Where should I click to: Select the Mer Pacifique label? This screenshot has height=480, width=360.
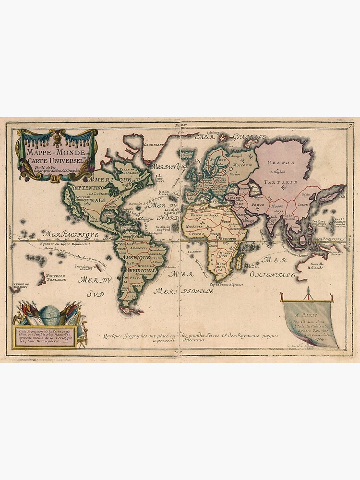[x=72, y=234]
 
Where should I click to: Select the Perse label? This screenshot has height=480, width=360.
[x=258, y=204]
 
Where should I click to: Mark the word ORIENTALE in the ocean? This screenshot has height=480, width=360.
[x=272, y=275]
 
